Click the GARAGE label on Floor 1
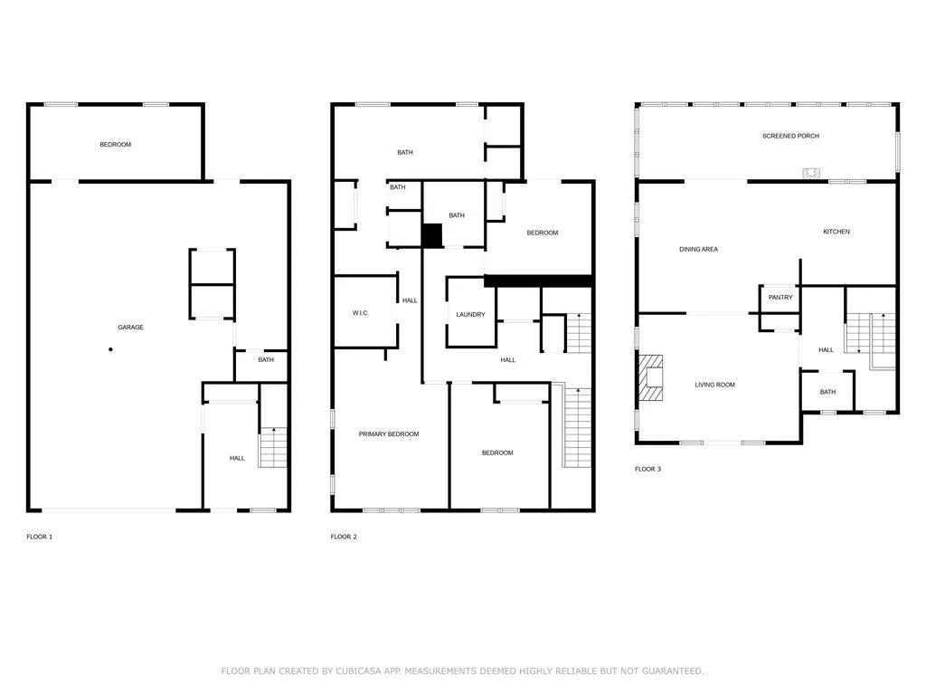130,327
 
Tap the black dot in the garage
110,349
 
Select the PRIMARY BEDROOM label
389,433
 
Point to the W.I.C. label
360,312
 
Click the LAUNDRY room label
470,314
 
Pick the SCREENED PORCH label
790,136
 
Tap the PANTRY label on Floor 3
780,297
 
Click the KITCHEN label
836,232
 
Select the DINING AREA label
699,250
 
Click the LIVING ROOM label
714,385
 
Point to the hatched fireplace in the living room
651,378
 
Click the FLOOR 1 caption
40,537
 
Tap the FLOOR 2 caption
344,537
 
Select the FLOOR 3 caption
647,470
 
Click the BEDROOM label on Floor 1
115,144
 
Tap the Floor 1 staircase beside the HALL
273,447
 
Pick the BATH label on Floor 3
828,392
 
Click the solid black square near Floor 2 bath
431,235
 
